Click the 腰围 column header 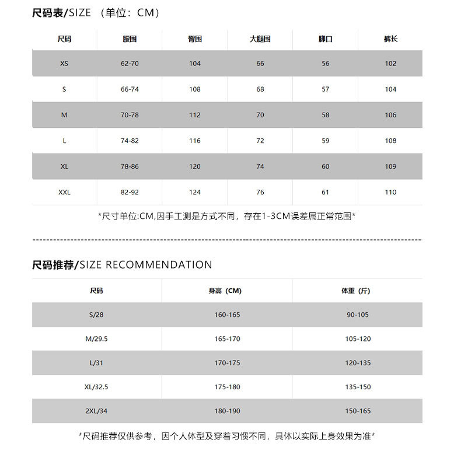tap(130, 39)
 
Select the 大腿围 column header tap(260, 39)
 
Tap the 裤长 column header tap(390, 39)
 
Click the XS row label tap(64, 64)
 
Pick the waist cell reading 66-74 tap(130, 89)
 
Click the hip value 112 tap(195, 115)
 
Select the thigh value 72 tap(260, 141)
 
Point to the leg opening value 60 tap(326, 166)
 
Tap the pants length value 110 tap(390, 192)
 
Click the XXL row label tap(64, 192)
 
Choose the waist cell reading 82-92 tap(130, 192)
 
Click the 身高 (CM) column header tap(227, 291)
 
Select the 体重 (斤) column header tap(358, 291)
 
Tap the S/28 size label tap(96, 315)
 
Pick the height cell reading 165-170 tap(227, 339)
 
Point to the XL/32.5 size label tap(96, 387)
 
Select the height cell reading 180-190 tap(227, 411)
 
